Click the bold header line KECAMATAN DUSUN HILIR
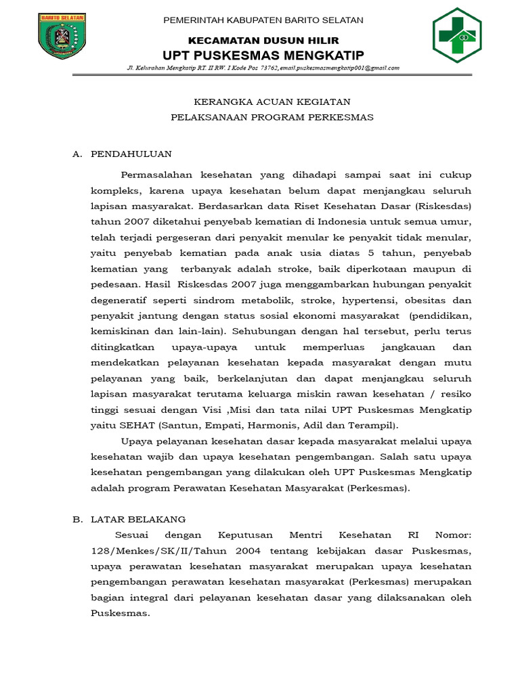(x=263, y=41)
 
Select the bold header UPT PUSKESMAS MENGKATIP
(x=263, y=55)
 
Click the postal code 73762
(x=270, y=68)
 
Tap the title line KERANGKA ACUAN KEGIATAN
(x=272, y=102)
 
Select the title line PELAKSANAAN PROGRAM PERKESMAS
(x=272, y=117)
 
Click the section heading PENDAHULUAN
(x=131, y=154)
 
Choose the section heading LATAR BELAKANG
(x=138, y=519)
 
